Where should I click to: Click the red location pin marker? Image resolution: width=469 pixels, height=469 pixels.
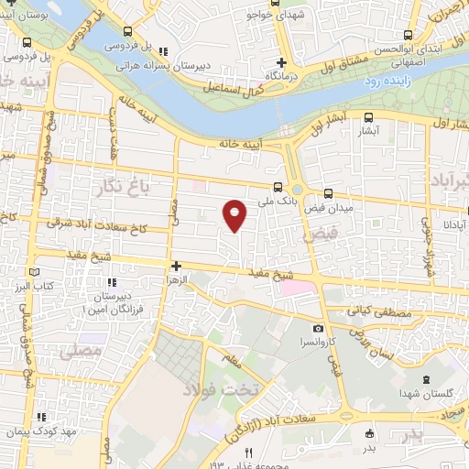[x=235, y=213]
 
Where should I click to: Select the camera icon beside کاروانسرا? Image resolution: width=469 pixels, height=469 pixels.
[x=318, y=329]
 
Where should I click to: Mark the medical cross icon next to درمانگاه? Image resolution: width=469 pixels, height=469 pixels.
[x=282, y=62]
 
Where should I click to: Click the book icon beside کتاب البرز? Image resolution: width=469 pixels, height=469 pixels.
[x=34, y=272]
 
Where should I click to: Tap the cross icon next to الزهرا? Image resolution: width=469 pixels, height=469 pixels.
[x=175, y=266]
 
